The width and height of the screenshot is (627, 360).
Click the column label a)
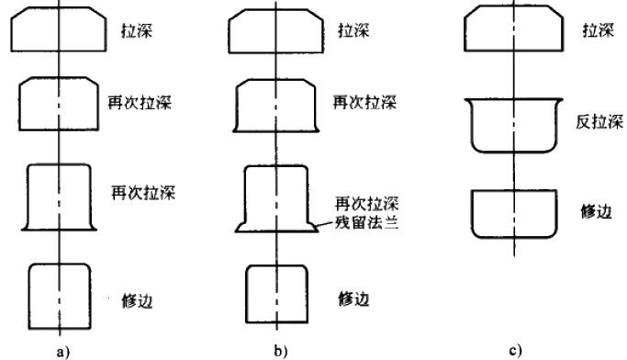(x=61, y=349)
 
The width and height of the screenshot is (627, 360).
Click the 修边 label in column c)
(x=598, y=210)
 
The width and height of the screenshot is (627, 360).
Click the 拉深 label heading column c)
(x=598, y=30)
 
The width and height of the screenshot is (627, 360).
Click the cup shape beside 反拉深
(x=514, y=124)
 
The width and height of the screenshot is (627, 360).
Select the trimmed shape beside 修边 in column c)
(x=514, y=212)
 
